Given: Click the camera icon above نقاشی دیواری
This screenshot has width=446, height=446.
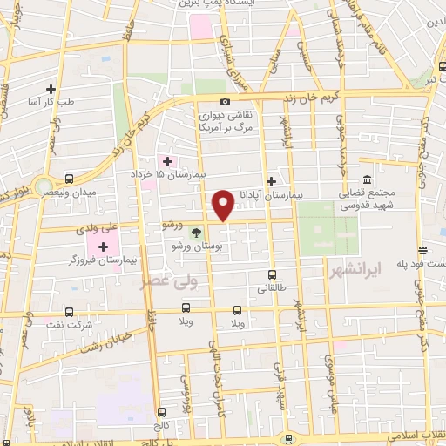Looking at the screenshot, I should tap(226, 101).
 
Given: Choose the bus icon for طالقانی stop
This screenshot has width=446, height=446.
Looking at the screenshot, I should tap(272, 274).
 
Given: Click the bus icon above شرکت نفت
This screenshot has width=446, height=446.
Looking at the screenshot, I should tap(70, 311).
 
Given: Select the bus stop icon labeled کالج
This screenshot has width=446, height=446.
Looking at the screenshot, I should tap(161, 412).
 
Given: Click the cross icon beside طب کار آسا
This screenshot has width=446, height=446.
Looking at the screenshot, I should tap(51, 90).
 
